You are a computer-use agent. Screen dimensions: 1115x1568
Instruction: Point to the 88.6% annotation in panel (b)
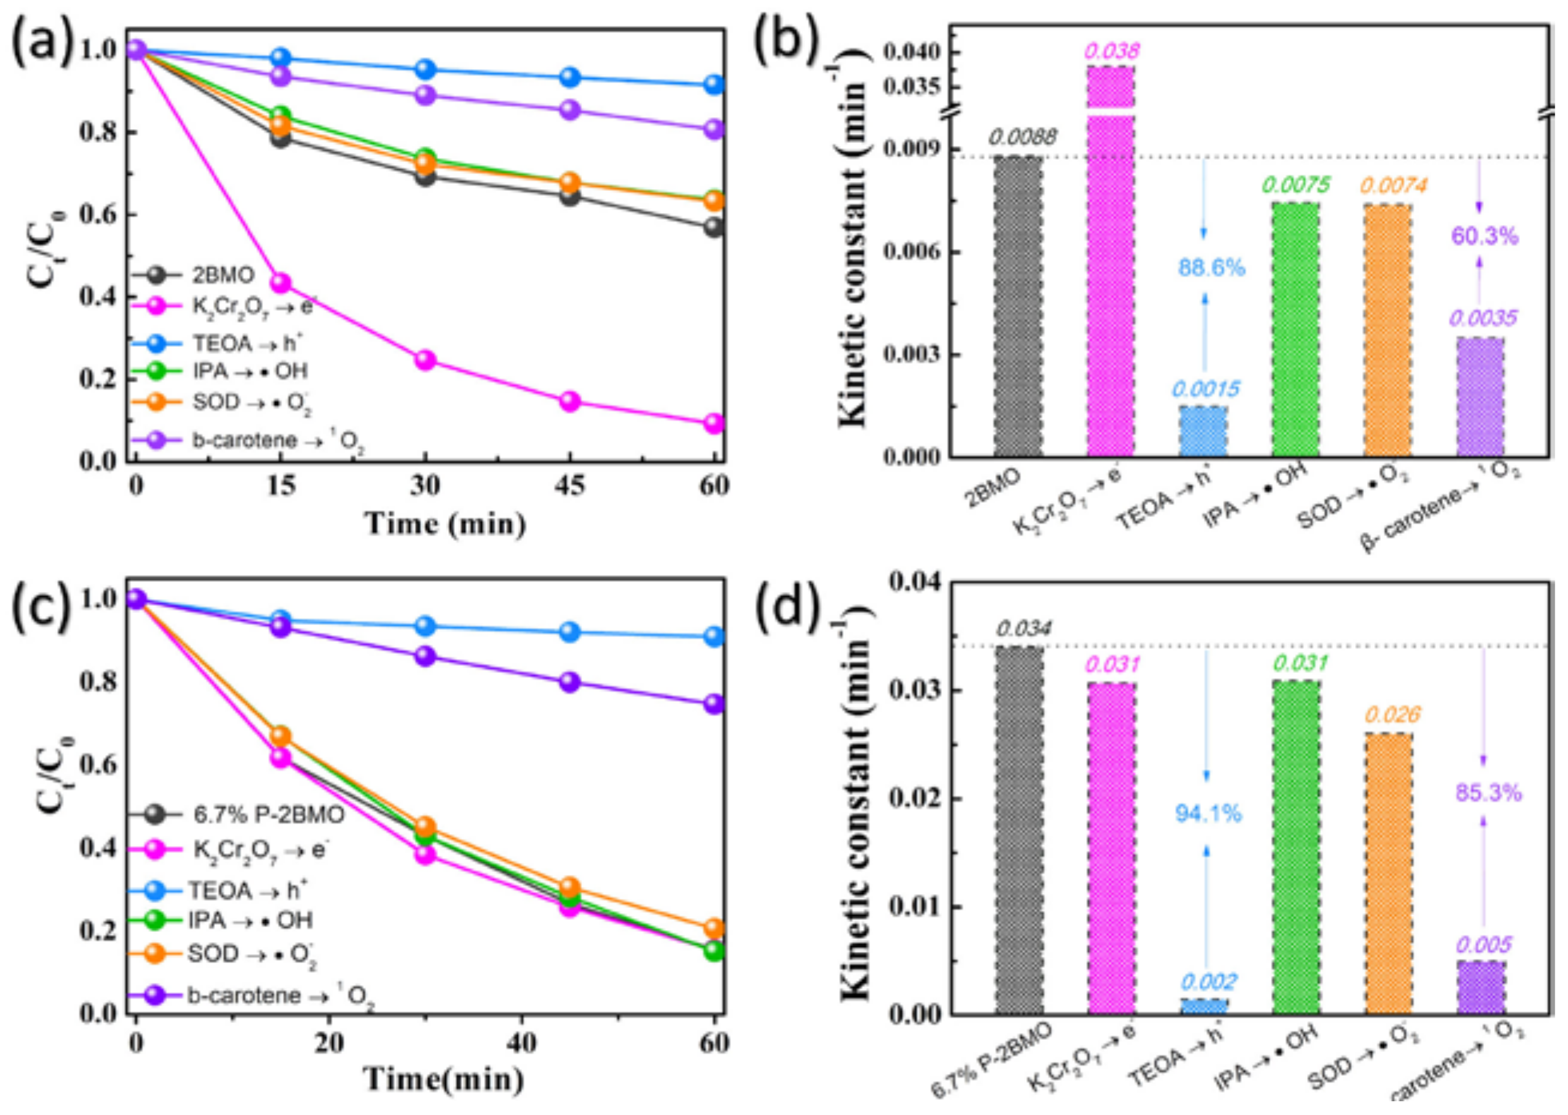(1211, 268)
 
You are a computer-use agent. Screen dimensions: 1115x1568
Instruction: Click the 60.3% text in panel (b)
(1484, 237)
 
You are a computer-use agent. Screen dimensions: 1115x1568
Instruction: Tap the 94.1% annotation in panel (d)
(1209, 814)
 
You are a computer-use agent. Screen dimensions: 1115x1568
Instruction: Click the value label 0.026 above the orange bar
(1391, 715)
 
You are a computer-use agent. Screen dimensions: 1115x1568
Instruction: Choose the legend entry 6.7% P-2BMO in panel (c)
(268, 815)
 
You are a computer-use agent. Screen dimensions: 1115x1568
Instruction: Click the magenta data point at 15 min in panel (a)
(280, 282)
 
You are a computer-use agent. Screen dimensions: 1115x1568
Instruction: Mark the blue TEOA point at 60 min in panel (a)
(714, 85)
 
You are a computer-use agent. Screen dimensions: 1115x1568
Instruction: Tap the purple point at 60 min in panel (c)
(714, 704)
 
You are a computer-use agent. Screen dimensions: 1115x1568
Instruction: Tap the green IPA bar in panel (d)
(1296, 847)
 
